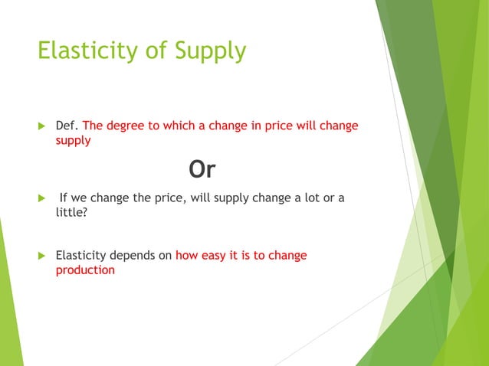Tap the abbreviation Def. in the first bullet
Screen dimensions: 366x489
click(67, 125)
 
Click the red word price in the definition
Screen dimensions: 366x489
click(279, 125)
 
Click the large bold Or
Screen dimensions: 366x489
click(202, 170)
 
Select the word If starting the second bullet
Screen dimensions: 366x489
click(64, 198)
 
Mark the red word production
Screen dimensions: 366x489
click(85, 270)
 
